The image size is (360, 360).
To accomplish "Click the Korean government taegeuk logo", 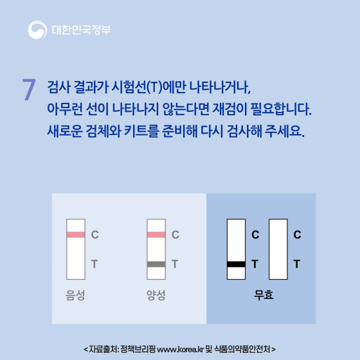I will [37, 30].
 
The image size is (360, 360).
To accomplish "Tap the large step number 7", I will [28, 90].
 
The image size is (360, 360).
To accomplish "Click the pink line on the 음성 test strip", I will [76, 235].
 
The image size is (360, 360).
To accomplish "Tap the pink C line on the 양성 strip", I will [156, 235].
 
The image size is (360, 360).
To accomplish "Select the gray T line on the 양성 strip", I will [156, 264].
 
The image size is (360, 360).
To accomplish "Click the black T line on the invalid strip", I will [236, 264].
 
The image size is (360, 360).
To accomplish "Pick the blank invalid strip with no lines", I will [278, 247].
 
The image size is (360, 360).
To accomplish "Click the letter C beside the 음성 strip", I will [94, 235].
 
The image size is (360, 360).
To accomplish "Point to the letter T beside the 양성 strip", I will [175, 264].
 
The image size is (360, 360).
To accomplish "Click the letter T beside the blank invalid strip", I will [296, 264].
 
